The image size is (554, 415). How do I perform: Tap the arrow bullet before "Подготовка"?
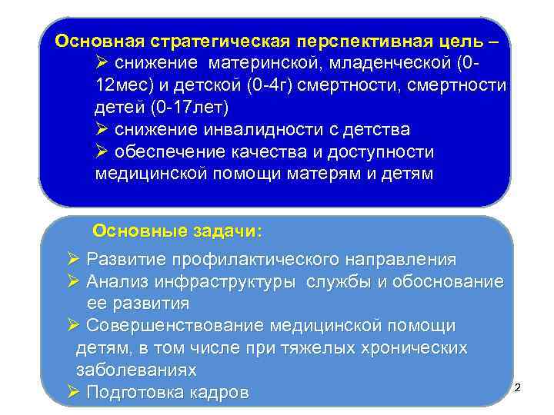coord(74,393)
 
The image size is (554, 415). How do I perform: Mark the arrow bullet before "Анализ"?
coord(74,281)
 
